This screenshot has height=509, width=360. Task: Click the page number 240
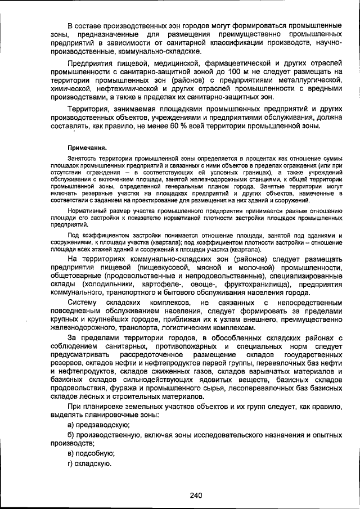(195, 495)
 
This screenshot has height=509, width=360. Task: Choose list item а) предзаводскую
(98, 424)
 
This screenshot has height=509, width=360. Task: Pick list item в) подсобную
(91, 453)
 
